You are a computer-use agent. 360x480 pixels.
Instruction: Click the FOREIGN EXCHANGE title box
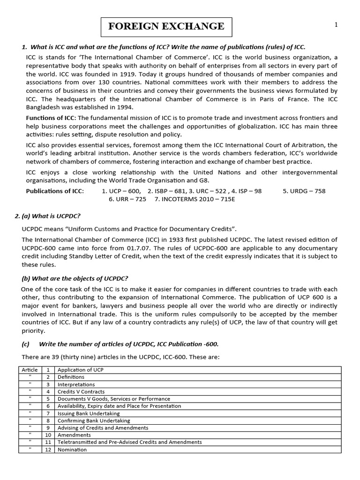coord(166,26)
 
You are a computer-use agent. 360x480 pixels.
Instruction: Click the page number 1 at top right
coord(336,25)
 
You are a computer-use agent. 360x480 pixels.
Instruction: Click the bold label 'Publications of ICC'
coord(55,191)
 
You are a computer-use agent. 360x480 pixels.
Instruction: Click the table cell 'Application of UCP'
coord(80,370)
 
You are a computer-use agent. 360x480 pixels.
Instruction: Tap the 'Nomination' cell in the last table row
coord(72,450)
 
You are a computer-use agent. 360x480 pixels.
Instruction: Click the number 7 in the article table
coord(48,413)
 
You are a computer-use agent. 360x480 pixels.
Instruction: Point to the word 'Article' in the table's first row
coord(30,370)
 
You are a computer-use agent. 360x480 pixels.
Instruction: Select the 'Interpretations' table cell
coord(76,384)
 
